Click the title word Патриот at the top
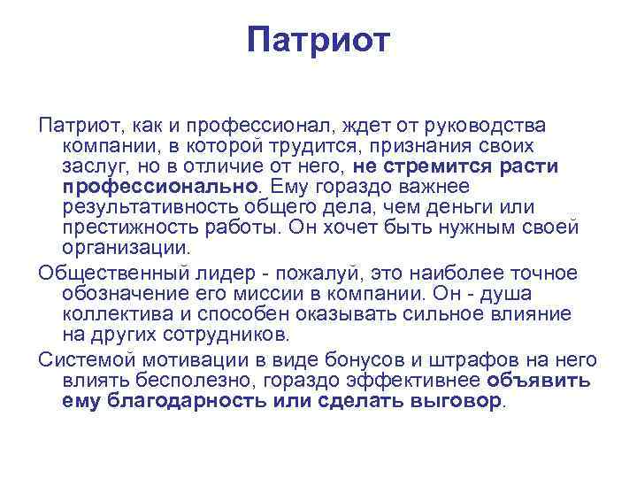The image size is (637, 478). click(x=318, y=40)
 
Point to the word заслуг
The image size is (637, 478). click(x=92, y=166)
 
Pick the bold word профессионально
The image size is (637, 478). click(x=159, y=186)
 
